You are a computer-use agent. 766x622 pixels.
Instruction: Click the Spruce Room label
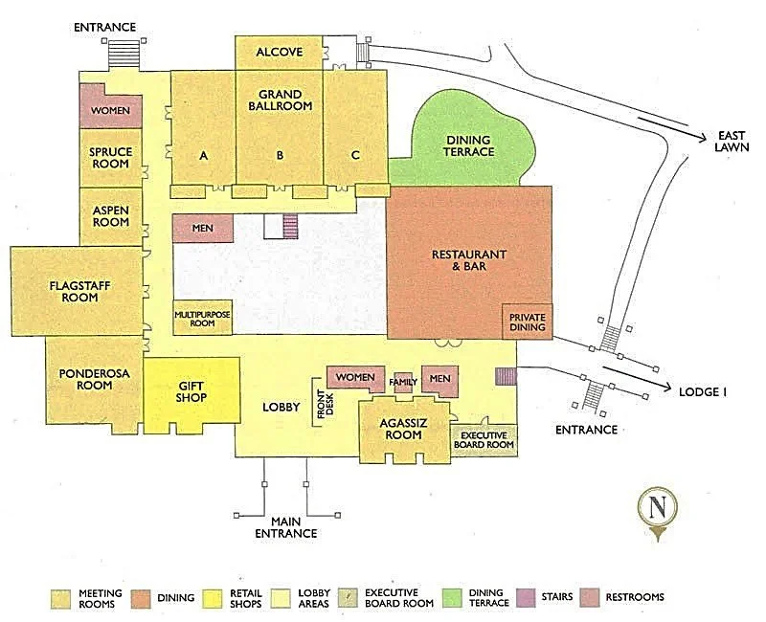click(110, 157)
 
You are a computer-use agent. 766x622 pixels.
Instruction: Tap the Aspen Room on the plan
click(110, 215)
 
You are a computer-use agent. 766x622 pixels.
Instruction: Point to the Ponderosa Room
click(93, 379)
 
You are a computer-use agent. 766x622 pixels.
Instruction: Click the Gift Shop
click(191, 391)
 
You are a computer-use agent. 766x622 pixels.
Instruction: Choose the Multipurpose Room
click(202, 318)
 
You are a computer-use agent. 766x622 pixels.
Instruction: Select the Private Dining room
click(527, 322)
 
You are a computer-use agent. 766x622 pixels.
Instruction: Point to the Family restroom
click(403, 382)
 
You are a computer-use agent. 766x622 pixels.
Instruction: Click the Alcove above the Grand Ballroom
click(280, 52)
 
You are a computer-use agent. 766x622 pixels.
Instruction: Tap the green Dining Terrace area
click(469, 144)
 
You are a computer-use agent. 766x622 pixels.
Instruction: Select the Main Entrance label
click(284, 526)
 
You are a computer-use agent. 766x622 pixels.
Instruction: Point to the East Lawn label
click(732, 143)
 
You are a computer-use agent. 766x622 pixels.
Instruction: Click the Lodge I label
click(704, 392)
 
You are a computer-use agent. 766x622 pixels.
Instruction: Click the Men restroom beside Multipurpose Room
click(202, 228)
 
